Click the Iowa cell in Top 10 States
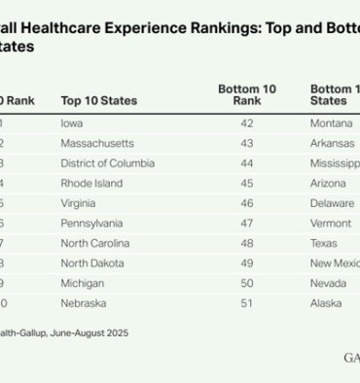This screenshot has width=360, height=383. (x=71, y=123)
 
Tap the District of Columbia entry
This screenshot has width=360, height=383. (x=107, y=163)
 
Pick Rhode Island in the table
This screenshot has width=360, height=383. (x=90, y=183)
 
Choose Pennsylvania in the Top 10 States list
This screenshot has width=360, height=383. (x=92, y=223)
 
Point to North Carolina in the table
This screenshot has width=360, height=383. (x=94, y=243)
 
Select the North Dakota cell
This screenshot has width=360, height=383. (x=92, y=262)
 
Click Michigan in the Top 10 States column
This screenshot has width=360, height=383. (x=83, y=283)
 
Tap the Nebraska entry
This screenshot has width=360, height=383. (x=85, y=302)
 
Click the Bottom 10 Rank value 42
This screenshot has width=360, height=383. (x=246, y=123)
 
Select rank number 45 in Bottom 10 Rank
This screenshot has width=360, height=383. (x=246, y=183)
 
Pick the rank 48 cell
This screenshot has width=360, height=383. (x=246, y=243)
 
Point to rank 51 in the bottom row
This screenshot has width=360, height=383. (x=246, y=302)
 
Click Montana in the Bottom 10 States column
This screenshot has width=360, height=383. (x=332, y=123)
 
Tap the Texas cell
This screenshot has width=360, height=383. (x=324, y=243)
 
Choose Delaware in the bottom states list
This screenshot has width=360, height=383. (x=332, y=203)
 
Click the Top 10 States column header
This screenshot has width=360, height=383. (x=98, y=100)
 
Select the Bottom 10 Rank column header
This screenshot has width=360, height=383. (x=246, y=94)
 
